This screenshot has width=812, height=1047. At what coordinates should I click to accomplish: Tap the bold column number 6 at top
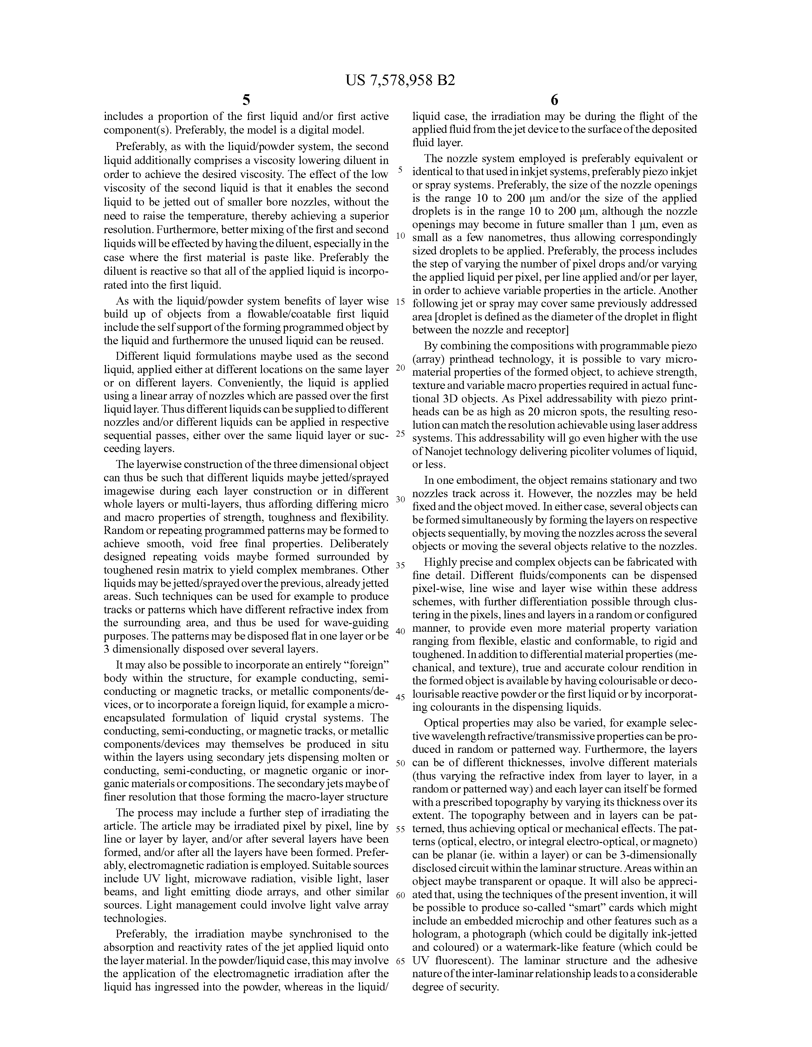coord(554,100)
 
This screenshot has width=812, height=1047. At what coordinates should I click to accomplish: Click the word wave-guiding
coord(356,623)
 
